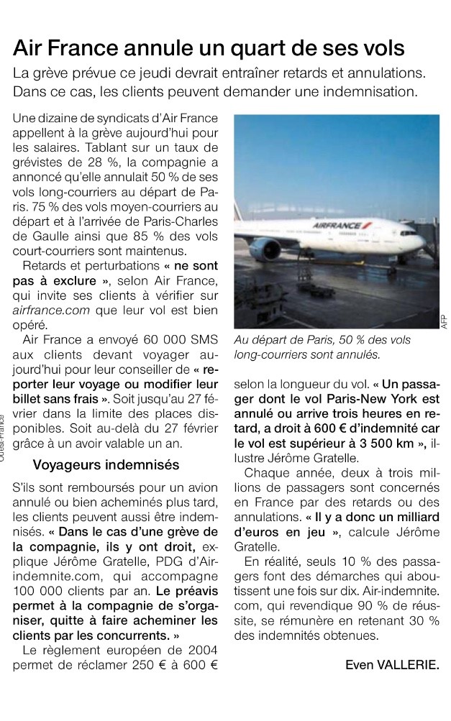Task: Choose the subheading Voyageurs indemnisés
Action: (106, 464)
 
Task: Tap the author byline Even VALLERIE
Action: (391, 664)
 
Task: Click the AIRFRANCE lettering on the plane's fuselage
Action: (337, 226)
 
